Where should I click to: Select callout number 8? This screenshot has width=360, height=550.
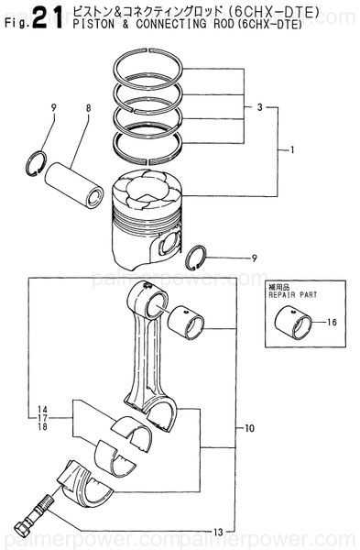point(88,109)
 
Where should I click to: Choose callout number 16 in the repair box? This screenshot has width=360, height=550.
point(332,323)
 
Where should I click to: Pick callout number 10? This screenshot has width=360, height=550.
point(249,428)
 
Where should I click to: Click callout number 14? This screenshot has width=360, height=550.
point(42,408)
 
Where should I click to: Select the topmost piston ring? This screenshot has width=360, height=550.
point(150,68)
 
